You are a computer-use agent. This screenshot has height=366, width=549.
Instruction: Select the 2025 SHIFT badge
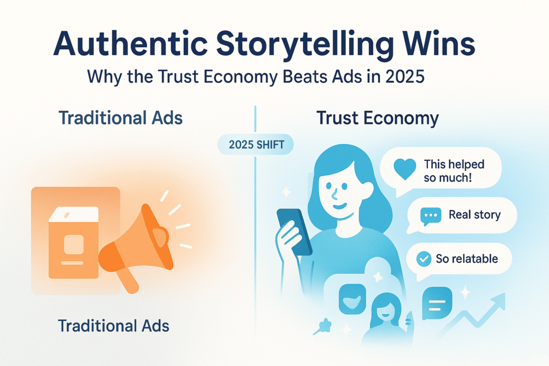(256, 145)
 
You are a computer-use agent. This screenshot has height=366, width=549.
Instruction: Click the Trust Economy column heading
(377, 118)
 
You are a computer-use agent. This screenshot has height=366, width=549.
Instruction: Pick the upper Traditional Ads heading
(121, 117)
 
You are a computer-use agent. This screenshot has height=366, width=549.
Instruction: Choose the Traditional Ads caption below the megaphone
(114, 326)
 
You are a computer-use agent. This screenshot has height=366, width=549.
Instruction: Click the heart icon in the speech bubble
(405, 169)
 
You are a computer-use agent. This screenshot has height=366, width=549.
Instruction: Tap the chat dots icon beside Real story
(431, 216)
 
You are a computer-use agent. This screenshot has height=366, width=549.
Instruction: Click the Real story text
(474, 214)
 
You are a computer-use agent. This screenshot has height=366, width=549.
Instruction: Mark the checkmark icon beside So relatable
(424, 259)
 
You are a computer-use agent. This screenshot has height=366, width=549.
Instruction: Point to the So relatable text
(467, 259)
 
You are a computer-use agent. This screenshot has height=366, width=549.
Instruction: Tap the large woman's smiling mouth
(339, 205)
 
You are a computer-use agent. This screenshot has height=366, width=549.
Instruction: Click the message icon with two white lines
(437, 303)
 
